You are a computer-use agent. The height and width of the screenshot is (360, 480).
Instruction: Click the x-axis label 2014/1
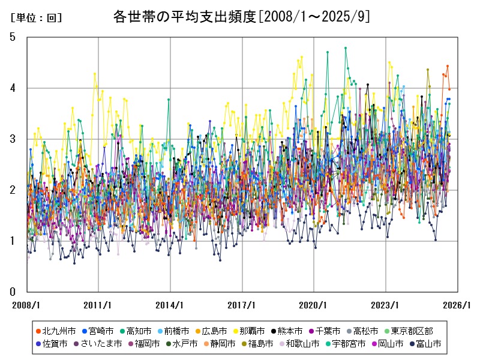coord(170,305)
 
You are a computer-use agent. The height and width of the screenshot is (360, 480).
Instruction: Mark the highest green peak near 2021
coord(346,47)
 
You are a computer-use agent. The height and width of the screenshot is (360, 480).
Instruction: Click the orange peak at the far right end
coord(447,66)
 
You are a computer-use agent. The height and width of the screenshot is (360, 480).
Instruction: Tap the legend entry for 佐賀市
coord(55,344)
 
